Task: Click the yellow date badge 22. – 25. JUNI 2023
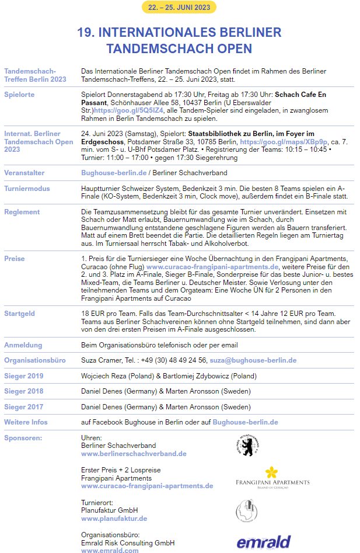tap(179, 7)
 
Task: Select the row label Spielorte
tap(19, 94)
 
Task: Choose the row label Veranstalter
tap(24, 173)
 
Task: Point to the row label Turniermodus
tap(27, 189)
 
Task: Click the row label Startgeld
tap(20, 314)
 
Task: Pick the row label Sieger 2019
tap(23, 375)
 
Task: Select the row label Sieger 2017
tap(23, 406)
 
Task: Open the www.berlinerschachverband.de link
tap(134, 453)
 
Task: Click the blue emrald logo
tap(263, 542)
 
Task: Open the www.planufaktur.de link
tap(114, 518)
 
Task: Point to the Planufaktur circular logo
tap(246, 509)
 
